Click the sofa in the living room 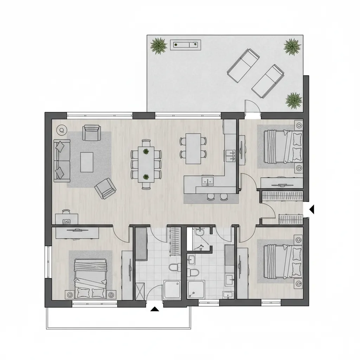click(62, 161)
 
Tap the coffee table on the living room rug click(86, 162)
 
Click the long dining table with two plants click(146, 164)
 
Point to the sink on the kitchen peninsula click(208, 181)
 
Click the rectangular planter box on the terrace click(185, 45)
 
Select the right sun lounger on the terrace click(268, 81)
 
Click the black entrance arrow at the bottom click(154, 309)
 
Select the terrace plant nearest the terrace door click(294, 101)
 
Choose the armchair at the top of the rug click(91, 133)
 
